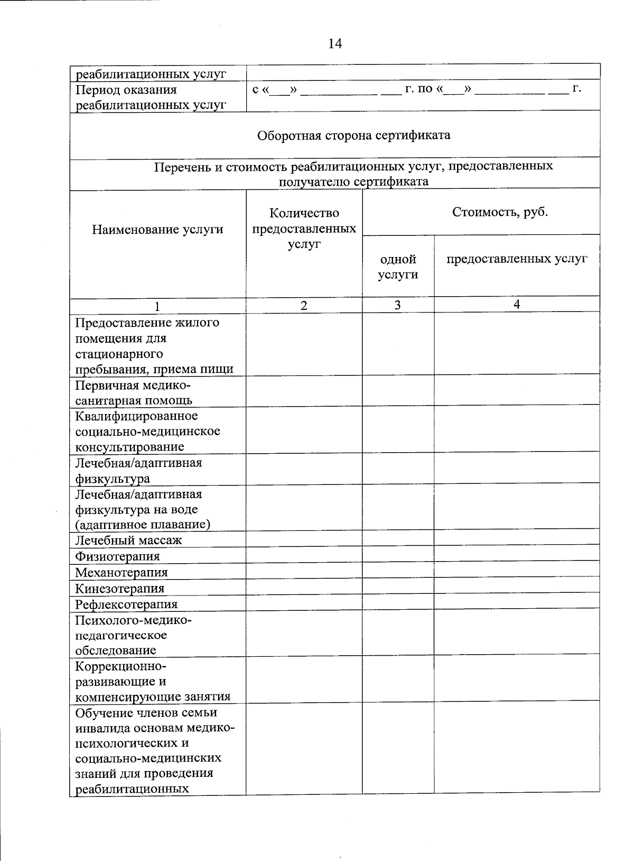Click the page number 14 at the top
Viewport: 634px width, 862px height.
tap(335, 44)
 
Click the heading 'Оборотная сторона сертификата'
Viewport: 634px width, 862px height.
tap(353, 135)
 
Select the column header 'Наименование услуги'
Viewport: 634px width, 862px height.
tap(157, 230)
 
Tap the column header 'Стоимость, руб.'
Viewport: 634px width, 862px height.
tap(500, 213)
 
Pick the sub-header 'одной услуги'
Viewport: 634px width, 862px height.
tap(398, 267)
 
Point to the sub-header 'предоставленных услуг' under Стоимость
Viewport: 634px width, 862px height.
tap(517, 259)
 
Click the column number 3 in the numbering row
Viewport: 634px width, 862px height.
tap(397, 305)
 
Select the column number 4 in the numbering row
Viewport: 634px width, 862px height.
tap(517, 304)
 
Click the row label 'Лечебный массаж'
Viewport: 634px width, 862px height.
tap(128, 540)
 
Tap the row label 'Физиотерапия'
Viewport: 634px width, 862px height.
tap(117, 556)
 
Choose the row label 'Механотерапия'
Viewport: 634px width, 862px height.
tap(122, 572)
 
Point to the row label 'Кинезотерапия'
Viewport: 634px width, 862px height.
tap(119, 588)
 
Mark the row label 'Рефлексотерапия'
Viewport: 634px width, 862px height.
tap(126, 604)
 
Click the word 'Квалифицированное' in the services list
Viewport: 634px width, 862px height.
tap(136, 416)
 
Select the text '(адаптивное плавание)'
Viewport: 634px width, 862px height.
tap(143, 525)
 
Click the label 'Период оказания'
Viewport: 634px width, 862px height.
tap(126, 90)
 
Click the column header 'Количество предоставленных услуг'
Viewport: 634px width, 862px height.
tap(304, 229)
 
